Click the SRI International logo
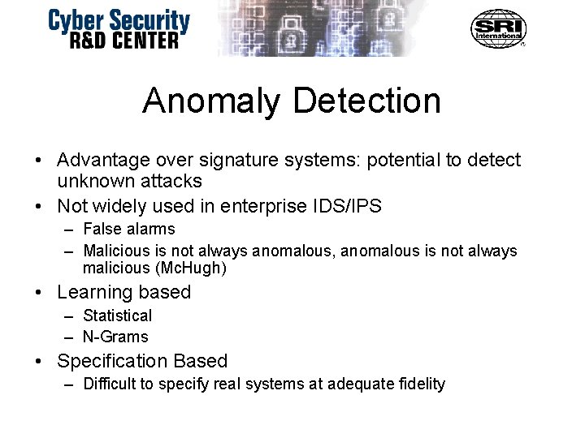[498, 28]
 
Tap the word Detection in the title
[368, 101]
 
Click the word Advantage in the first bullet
[102, 161]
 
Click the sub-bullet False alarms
[128, 230]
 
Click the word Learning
[93, 292]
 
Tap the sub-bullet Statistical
[117, 316]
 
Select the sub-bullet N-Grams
[115, 336]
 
